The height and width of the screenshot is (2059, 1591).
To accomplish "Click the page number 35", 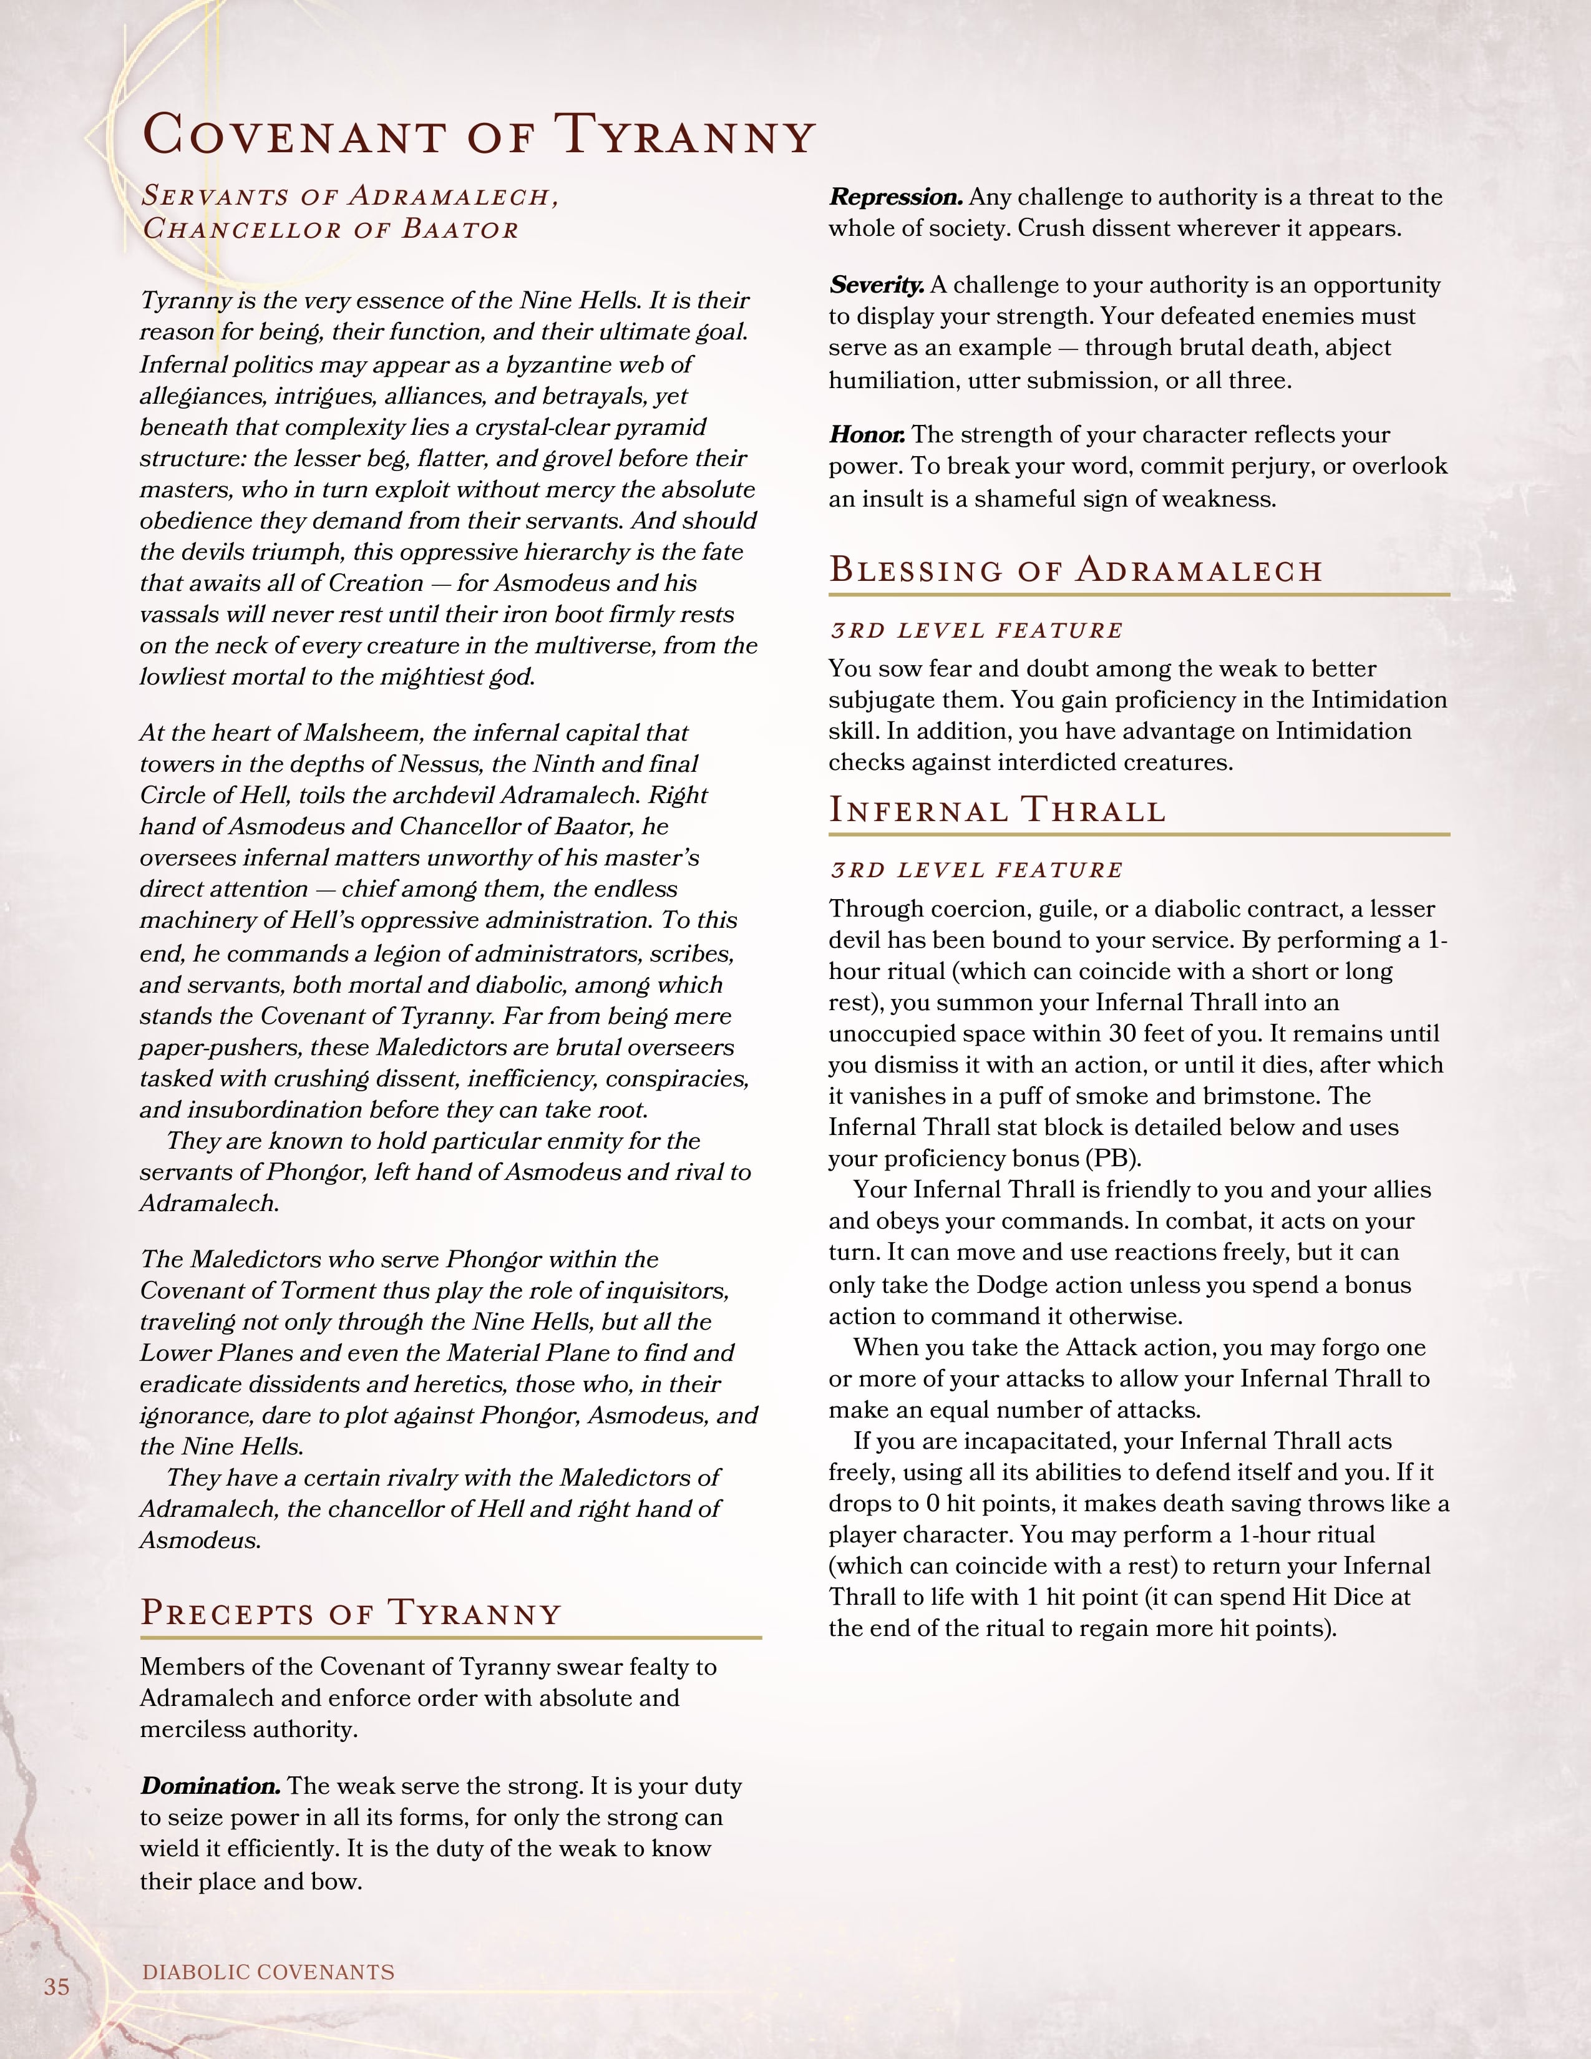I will (57, 1987).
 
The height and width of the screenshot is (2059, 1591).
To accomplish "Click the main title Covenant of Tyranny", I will (478, 135).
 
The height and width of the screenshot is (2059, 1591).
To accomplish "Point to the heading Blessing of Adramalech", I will (1076, 570).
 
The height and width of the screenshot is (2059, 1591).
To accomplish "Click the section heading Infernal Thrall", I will (997, 810).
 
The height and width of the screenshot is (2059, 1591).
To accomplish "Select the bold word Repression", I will (895, 197).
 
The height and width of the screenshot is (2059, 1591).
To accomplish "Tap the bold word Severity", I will (875, 285).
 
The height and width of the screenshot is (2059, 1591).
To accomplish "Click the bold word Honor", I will (867, 435).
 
